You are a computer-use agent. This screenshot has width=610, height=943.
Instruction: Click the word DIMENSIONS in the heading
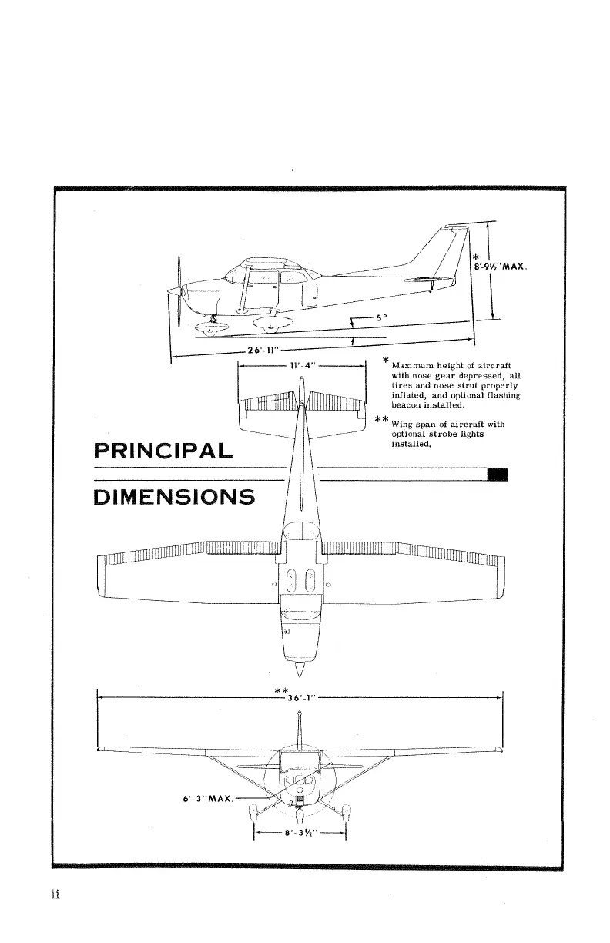click(x=174, y=496)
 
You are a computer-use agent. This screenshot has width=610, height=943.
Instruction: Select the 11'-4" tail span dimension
click(x=301, y=365)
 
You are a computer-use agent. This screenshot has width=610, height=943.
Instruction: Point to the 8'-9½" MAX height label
click(x=501, y=267)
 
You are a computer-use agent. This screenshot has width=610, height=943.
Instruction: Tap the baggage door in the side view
click(x=312, y=293)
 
